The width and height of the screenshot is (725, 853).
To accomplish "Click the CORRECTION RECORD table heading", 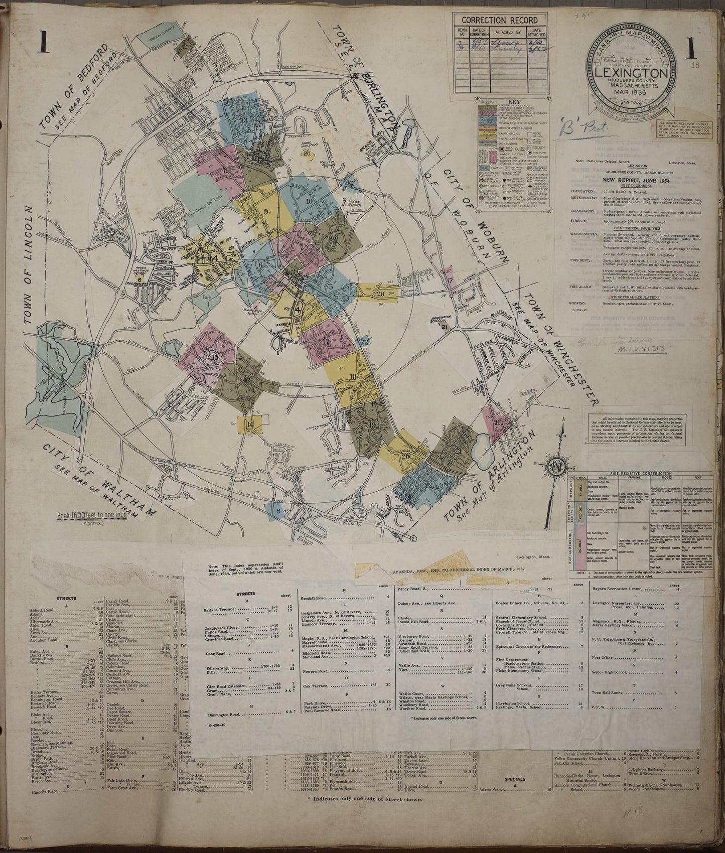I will pyautogui.click(x=499, y=20).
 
